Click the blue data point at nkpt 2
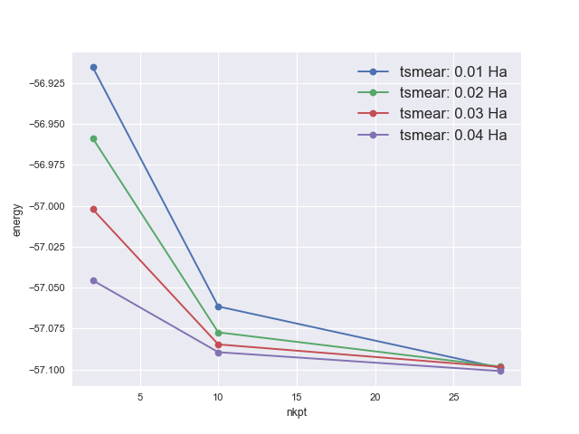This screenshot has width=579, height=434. [93, 67]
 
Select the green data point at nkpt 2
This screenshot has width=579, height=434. [93, 138]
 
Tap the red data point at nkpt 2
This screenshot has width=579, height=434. [93, 209]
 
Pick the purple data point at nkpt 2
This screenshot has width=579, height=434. [93, 280]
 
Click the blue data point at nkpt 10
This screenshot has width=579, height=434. [218, 307]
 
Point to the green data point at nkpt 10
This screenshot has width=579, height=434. [218, 332]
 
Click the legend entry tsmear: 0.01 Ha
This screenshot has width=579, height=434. [452, 71]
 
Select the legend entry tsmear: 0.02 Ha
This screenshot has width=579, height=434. [452, 92]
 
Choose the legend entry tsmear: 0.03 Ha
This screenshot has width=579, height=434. [452, 113]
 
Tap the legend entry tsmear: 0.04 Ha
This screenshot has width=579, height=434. [452, 135]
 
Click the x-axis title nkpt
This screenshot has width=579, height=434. [297, 412]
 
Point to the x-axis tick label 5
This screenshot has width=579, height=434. [140, 397]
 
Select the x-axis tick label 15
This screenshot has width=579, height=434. [297, 397]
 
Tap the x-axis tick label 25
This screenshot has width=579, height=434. [453, 397]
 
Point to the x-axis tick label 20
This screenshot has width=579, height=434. [375, 397]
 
